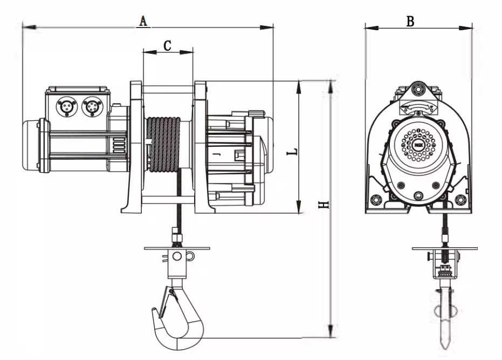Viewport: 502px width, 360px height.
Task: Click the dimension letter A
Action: tap(143, 21)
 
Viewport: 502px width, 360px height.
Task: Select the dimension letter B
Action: tap(410, 21)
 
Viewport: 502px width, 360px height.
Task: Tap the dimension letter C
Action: tap(168, 46)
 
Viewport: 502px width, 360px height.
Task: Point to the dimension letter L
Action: tap(291, 153)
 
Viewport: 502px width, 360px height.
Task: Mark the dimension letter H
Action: tap(322, 206)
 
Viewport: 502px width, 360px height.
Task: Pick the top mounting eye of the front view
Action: tap(418, 90)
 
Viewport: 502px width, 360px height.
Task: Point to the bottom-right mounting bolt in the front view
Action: tap(460, 201)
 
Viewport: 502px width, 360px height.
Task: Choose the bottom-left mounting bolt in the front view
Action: tap(376, 201)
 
